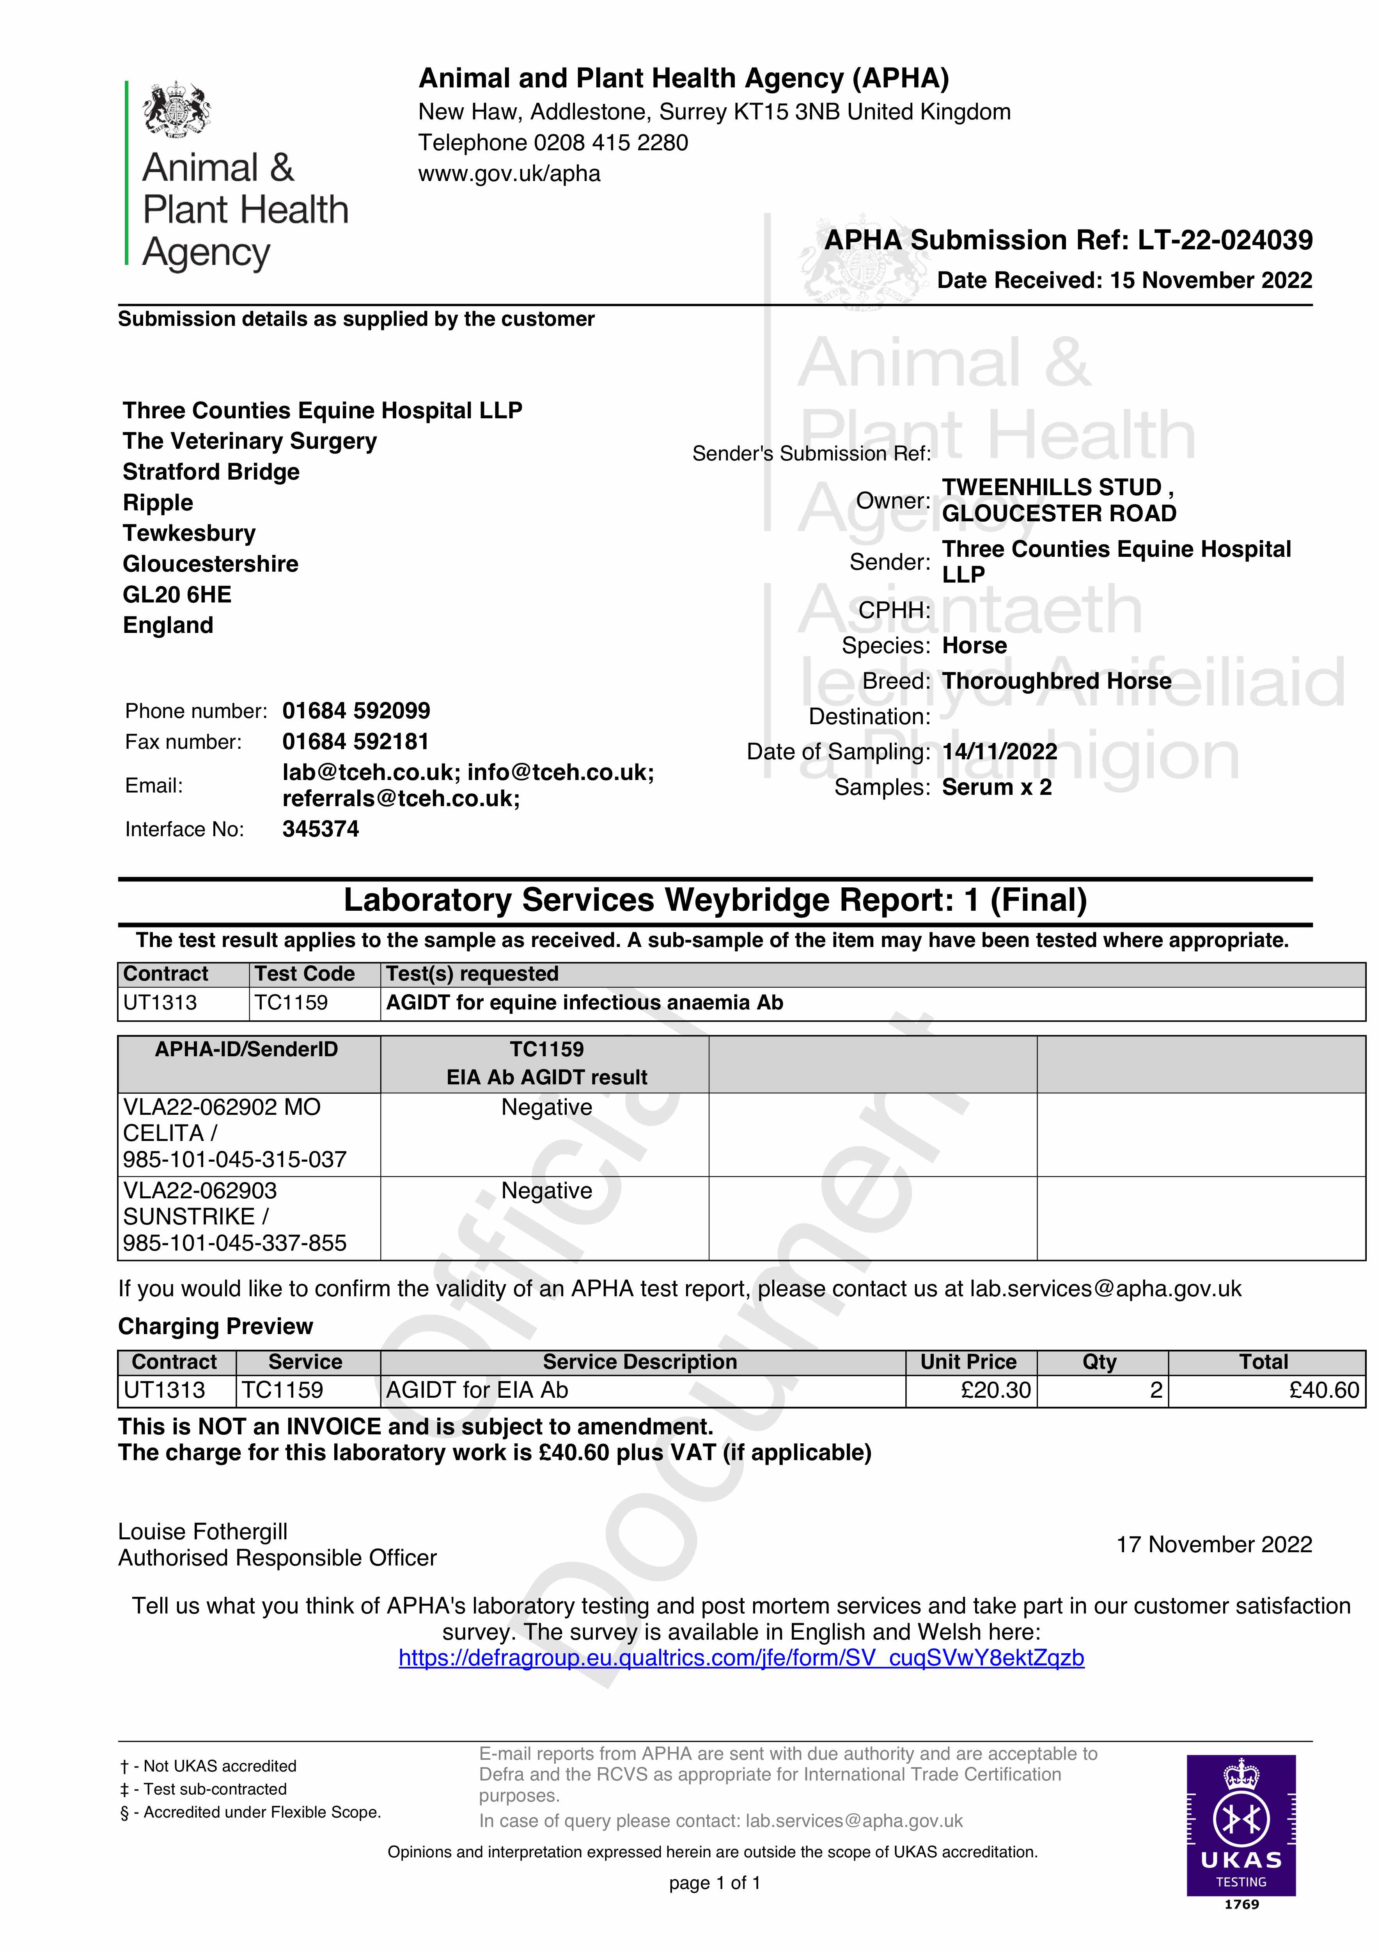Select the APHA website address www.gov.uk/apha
pyautogui.click(x=509, y=174)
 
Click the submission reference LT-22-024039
pyautogui.click(x=1225, y=240)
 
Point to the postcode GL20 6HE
pyautogui.click(x=177, y=595)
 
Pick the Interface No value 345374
pyautogui.click(x=320, y=829)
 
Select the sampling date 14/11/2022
pyautogui.click(x=999, y=752)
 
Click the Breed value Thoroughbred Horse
pyautogui.click(x=1056, y=682)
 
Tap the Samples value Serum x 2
pyautogui.click(x=997, y=788)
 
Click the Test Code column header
pyautogui.click(x=304, y=974)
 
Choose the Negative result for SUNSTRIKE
pyautogui.click(x=546, y=1191)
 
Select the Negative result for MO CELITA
pyautogui.click(x=546, y=1107)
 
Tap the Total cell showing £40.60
pyautogui.click(x=1324, y=1390)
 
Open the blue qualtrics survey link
pyautogui.click(x=741, y=1658)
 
